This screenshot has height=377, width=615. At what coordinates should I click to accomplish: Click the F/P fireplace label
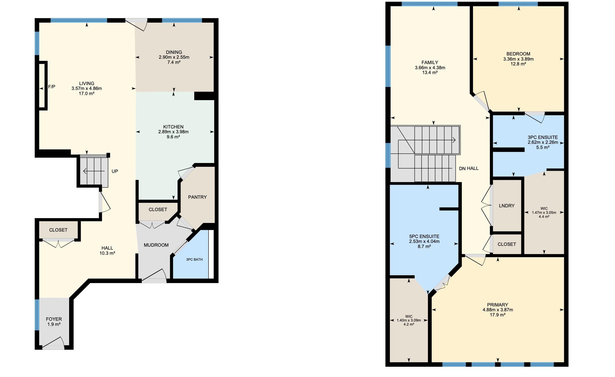click(52, 87)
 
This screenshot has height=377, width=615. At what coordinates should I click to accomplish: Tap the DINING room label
click(174, 52)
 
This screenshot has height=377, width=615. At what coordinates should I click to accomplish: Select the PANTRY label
click(197, 197)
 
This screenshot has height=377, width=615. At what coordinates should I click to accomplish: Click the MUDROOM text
click(156, 245)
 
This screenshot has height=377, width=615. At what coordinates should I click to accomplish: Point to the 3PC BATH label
click(194, 260)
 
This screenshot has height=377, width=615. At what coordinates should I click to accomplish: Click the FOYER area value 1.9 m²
click(54, 324)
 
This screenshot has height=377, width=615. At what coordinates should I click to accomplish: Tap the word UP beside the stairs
click(115, 171)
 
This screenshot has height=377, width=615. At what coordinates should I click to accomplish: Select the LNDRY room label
click(507, 206)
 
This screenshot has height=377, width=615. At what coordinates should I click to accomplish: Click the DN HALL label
click(469, 169)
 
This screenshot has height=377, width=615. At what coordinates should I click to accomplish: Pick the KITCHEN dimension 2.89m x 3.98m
click(174, 132)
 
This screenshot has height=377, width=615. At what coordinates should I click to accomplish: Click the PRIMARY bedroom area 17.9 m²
click(498, 315)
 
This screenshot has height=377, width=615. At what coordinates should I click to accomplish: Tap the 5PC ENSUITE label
click(424, 236)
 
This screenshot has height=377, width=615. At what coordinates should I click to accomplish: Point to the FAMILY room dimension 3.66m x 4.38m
click(430, 68)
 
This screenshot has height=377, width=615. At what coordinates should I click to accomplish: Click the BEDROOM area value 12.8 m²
click(518, 64)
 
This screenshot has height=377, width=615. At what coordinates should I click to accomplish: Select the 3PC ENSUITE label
click(543, 137)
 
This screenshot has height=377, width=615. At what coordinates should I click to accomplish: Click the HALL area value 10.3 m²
click(107, 253)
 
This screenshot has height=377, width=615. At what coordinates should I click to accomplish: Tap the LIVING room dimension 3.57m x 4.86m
click(87, 89)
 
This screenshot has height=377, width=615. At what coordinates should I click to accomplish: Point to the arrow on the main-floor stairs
click(94, 171)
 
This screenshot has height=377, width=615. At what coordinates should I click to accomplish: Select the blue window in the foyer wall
click(37, 315)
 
